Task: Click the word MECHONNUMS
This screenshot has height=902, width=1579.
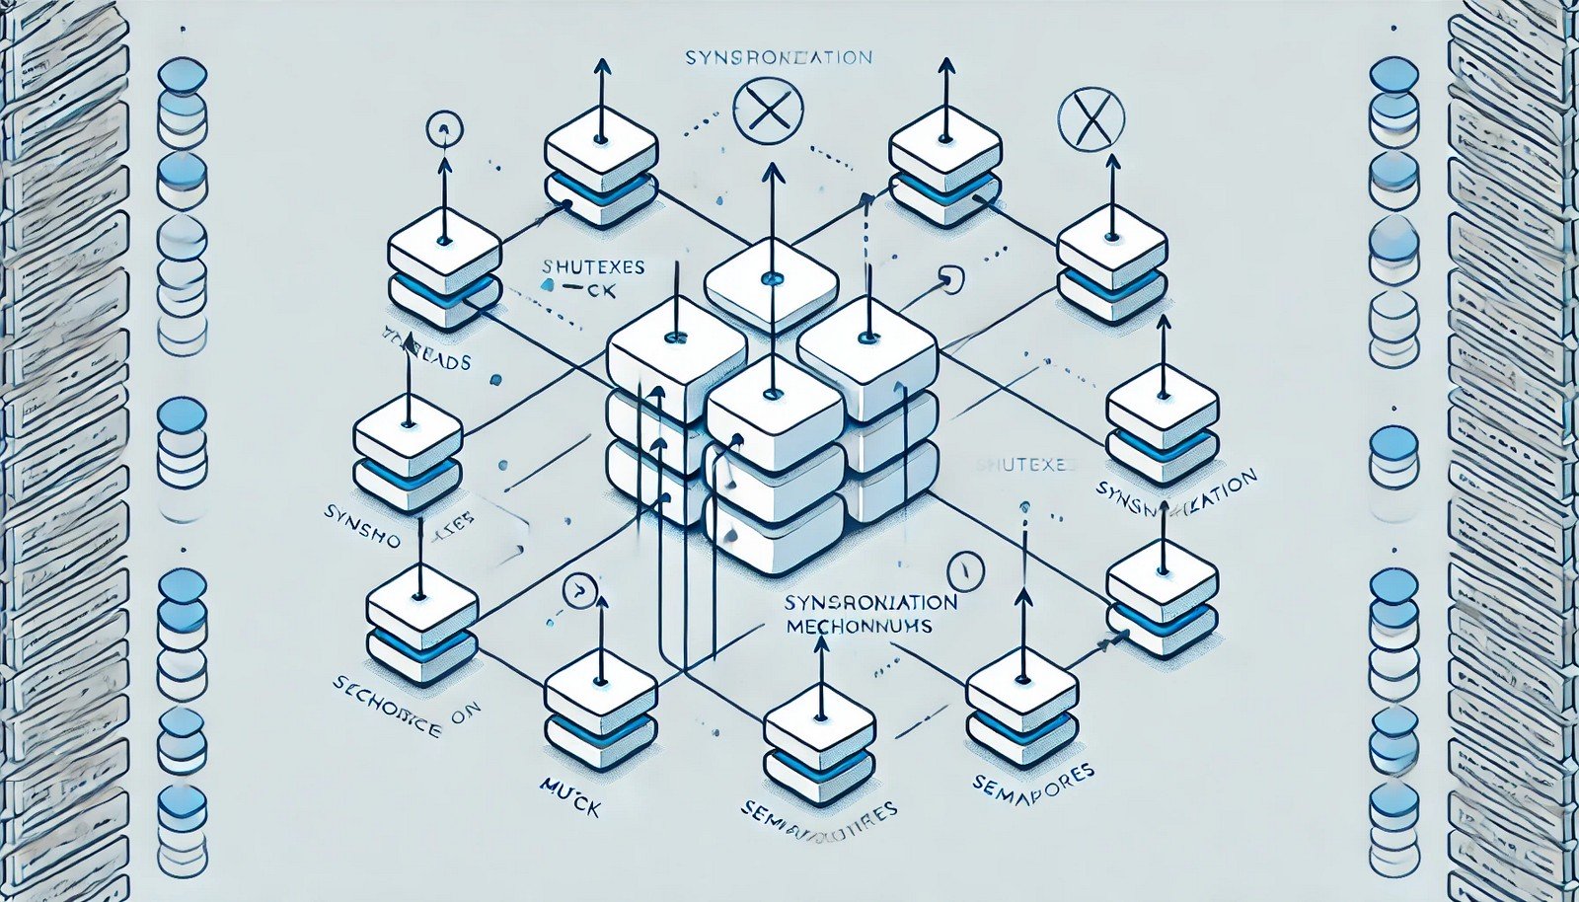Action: point(860,627)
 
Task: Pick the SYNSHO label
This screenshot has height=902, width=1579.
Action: point(361,514)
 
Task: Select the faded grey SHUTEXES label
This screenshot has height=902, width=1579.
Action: point(1022,465)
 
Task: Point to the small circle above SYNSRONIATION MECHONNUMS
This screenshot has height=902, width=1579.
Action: point(965,570)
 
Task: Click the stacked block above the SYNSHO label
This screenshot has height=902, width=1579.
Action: point(408,455)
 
